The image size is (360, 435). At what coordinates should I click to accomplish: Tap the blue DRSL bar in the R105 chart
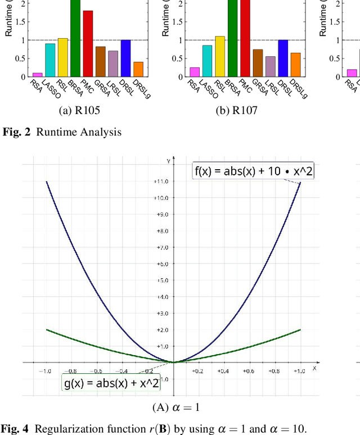(126, 58)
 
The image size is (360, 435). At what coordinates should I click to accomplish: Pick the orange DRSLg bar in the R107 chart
(295, 65)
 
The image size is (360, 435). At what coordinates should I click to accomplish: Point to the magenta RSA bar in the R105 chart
(38, 74)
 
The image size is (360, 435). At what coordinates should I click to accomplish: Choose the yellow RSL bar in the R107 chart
(219, 56)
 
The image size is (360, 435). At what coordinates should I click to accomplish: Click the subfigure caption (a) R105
(79, 111)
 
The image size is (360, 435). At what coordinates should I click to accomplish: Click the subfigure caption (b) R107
(237, 111)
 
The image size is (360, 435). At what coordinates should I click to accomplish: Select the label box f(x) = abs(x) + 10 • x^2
(253, 172)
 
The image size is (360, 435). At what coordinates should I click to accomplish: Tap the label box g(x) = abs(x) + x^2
(110, 384)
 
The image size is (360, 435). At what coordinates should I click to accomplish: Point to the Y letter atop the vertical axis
(167, 161)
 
